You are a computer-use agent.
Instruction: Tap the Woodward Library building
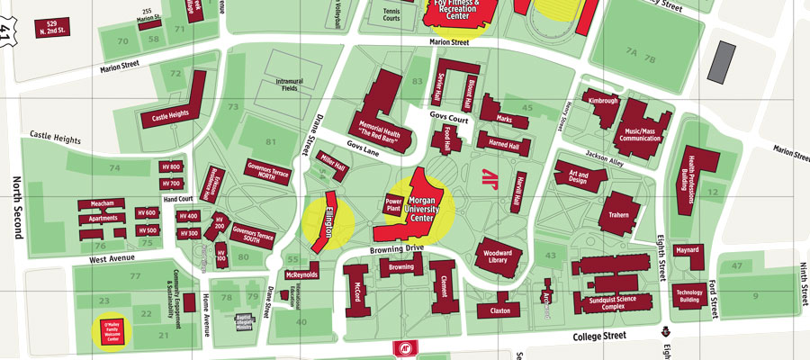click(x=492, y=255)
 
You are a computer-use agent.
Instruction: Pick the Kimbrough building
click(x=603, y=102)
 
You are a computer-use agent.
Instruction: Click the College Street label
click(x=598, y=335)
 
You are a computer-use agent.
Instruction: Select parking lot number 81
click(x=271, y=141)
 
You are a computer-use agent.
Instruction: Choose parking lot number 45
click(x=528, y=109)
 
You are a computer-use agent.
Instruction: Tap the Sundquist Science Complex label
click(x=612, y=301)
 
